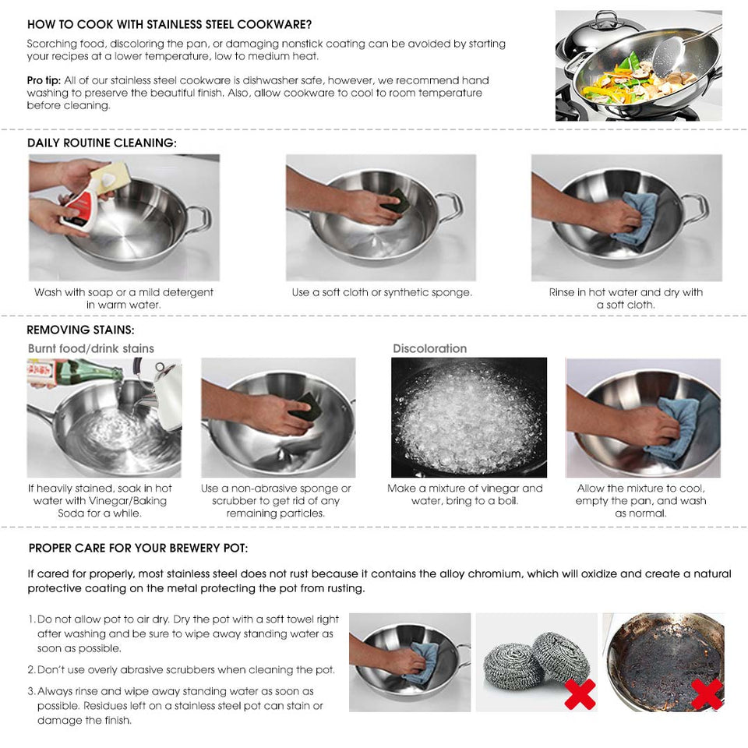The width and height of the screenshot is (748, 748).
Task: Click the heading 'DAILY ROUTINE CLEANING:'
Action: [102, 143]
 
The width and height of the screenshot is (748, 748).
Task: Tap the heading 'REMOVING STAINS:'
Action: [80, 330]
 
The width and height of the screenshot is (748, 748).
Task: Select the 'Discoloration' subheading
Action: [429, 348]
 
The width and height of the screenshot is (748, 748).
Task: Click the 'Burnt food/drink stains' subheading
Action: [91, 348]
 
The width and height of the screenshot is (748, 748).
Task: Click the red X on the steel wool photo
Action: [580, 693]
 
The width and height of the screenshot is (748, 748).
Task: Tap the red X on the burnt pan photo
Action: [707, 693]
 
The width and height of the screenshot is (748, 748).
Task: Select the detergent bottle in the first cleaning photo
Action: [82, 204]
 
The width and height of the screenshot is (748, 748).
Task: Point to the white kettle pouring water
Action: [165, 393]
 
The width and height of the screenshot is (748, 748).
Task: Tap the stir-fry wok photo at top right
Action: [638, 65]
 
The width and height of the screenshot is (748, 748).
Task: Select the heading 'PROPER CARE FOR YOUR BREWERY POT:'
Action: [139, 549]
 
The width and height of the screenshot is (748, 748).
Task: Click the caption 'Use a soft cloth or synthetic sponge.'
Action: [382, 293]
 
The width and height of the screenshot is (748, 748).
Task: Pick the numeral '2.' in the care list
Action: [32, 670]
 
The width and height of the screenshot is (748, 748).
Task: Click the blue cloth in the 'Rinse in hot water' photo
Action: [637, 216]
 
